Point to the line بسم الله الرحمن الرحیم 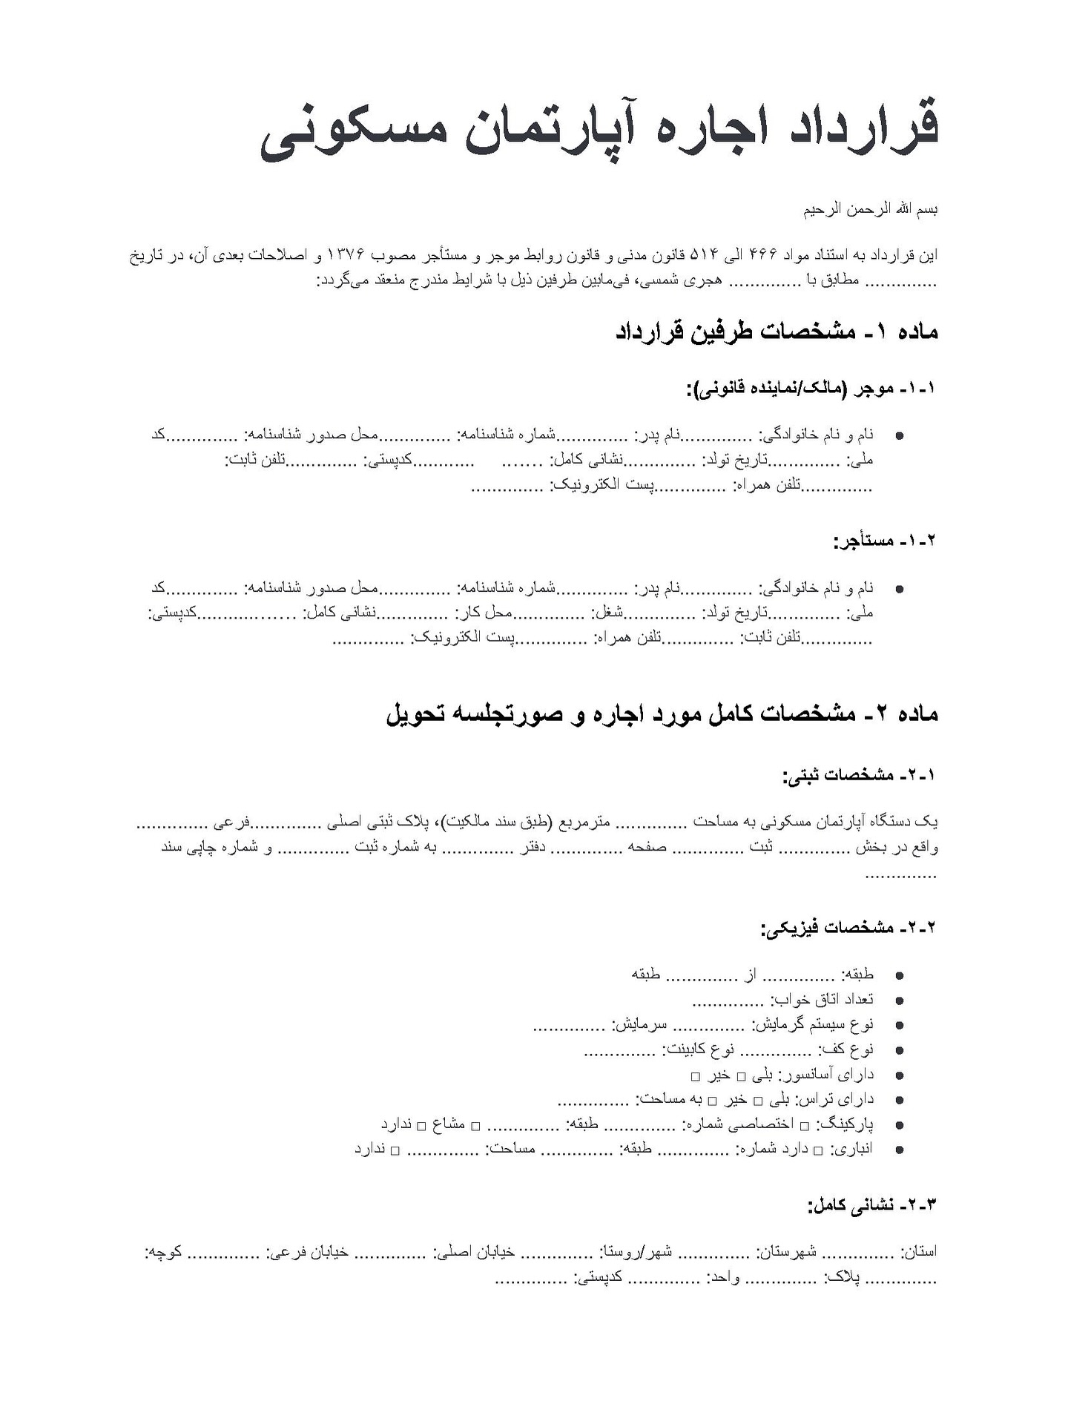click(x=871, y=210)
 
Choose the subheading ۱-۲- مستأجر click(x=886, y=541)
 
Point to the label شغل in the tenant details click(x=607, y=613)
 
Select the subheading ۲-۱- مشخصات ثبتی click(x=860, y=776)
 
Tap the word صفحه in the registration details click(x=647, y=847)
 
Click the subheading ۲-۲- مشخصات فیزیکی click(x=849, y=928)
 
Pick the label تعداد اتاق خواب click(x=822, y=1000)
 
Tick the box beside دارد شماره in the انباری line click(x=818, y=1151)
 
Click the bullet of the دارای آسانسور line click(x=900, y=1075)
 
